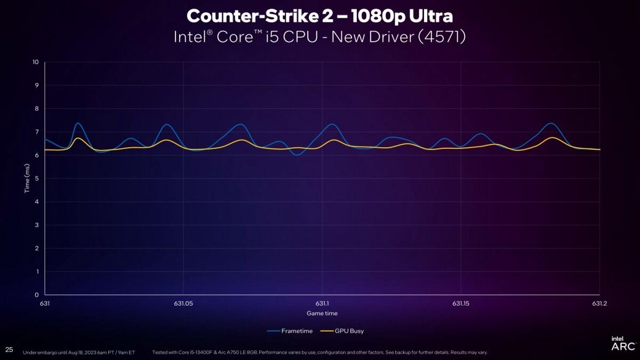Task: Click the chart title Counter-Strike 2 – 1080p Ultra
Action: (320, 15)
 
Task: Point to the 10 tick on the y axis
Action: (36, 62)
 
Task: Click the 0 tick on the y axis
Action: (37, 295)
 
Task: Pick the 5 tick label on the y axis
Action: (37, 179)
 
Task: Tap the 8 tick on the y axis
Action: (37, 109)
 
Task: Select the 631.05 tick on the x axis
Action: (183, 303)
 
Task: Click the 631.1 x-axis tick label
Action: (322, 303)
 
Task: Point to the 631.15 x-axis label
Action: (461, 303)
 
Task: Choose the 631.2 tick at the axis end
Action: (599, 303)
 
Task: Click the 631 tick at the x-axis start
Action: (45, 303)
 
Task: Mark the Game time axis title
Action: (322, 314)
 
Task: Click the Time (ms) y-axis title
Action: (27, 179)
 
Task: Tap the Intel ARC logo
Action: (622, 344)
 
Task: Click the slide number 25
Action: (9, 349)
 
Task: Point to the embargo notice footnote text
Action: (79, 353)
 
